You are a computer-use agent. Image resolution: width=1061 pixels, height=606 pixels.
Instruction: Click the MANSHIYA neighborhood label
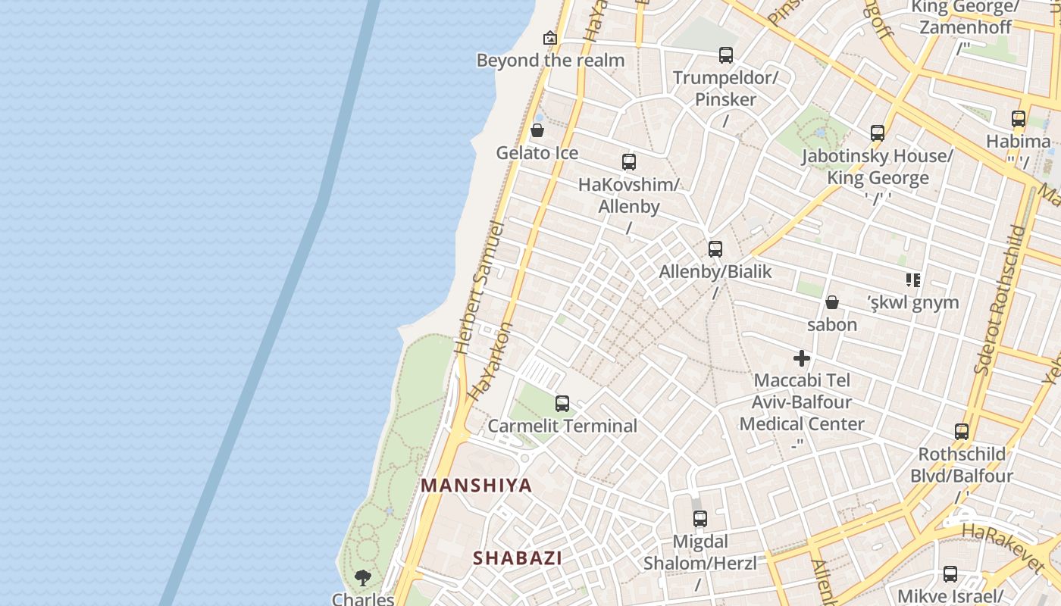(477, 486)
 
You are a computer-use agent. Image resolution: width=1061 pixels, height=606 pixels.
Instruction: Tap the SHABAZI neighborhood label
(518, 558)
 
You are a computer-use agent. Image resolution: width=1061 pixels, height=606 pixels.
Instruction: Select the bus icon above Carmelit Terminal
(562, 404)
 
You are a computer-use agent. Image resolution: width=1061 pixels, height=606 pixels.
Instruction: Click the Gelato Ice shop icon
(537, 130)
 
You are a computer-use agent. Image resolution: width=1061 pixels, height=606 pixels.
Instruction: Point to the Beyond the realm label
(550, 61)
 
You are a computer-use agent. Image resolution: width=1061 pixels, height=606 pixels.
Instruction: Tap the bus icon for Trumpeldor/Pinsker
(726, 55)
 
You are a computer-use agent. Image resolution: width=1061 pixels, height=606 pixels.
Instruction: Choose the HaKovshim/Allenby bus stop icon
(629, 161)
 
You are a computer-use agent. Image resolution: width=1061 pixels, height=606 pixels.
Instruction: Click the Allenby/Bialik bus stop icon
(715, 249)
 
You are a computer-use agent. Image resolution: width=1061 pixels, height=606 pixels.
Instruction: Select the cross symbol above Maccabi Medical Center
(802, 358)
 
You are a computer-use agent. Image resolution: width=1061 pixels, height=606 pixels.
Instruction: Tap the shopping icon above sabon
(832, 302)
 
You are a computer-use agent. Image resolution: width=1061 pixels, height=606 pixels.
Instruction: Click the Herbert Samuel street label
(478, 288)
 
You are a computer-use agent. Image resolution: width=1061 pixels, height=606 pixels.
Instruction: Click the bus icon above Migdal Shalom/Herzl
(700, 519)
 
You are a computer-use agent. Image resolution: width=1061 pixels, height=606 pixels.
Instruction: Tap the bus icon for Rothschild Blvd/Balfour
(962, 432)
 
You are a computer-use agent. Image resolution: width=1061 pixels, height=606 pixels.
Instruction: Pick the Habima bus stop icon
(1019, 119)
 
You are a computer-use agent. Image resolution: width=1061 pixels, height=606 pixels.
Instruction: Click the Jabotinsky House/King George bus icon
(878, 133)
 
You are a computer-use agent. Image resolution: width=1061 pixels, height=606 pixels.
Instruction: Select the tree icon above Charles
(363, 578)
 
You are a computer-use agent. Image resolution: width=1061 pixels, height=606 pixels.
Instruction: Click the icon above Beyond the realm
(550, 38)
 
